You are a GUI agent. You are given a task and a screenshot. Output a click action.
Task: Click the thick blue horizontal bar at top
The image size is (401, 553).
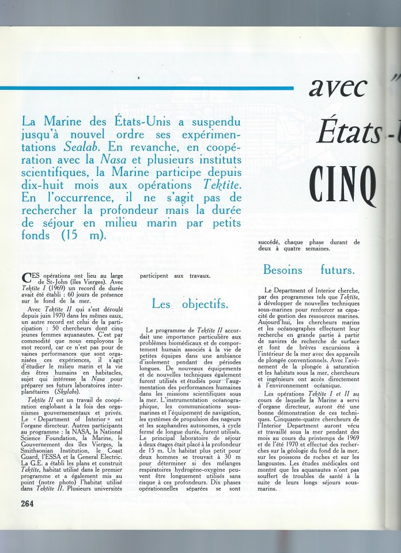pyautogui.click(x=144, y=88)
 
